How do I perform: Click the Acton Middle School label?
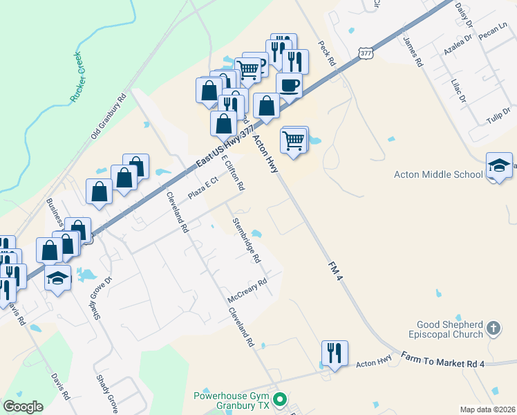438,174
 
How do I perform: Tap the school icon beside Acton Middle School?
499,166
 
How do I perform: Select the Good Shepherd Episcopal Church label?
450,330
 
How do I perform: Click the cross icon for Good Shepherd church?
493,327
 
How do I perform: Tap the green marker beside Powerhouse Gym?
280,399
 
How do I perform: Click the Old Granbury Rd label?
109,115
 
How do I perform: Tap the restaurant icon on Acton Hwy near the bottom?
335,353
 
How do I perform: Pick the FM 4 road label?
335,270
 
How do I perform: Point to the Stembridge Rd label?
247,241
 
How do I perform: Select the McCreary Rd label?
247,290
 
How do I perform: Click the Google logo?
23,407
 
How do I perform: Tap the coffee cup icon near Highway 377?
289,85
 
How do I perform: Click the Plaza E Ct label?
203,185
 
